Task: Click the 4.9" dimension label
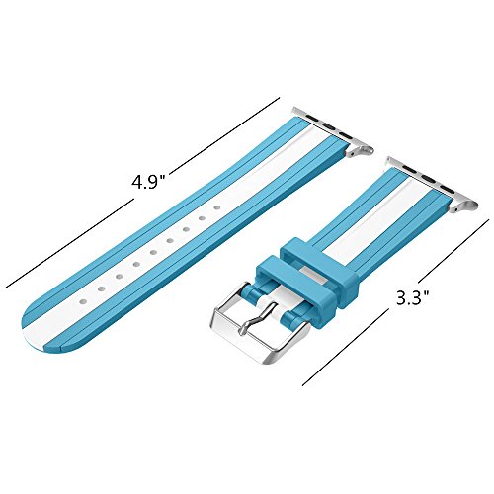(148, 182)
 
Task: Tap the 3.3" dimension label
(413, 298)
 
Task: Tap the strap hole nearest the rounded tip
(83, 301)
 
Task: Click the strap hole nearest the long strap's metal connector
(217, 207)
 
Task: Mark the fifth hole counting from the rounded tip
(153, 253)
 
